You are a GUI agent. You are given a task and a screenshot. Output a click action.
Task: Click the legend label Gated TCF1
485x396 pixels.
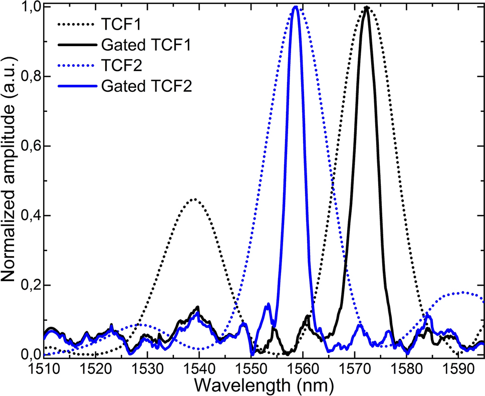coord(149,44)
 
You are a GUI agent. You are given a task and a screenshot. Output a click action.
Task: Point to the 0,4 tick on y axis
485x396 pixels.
coord(29,216)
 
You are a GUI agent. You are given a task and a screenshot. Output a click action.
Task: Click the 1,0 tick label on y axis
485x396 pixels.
coord(29,8)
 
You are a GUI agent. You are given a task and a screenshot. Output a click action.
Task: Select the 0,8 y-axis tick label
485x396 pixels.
coord(29,77)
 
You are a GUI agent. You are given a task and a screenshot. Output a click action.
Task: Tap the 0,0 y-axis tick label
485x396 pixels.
coord(29,354)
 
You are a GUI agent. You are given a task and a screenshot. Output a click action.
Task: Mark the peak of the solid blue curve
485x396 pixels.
coord(296,8)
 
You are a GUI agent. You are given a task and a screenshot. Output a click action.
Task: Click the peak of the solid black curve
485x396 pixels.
coord(367,8)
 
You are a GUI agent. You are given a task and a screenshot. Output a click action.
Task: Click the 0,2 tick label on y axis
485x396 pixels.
coord(29,285)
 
